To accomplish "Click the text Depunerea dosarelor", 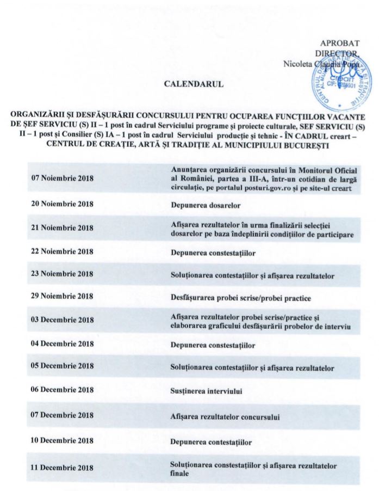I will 206,205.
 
